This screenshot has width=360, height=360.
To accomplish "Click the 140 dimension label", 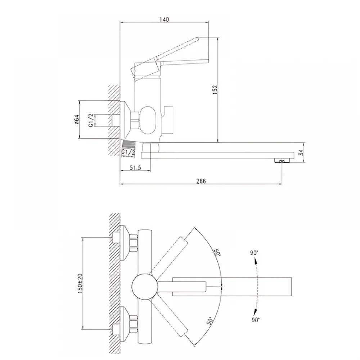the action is point(165,19).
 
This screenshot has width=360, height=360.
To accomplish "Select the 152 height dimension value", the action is point(215,90).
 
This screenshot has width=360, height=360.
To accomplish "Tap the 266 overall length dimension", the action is point(201,181).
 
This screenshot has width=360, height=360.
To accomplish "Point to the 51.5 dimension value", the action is point(135,168).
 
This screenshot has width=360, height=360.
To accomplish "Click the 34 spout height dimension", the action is point(301,152).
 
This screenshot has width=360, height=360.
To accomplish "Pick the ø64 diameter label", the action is point(77,120).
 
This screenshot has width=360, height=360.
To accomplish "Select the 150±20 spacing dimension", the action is point(80,283).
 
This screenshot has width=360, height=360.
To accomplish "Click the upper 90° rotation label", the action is point(254,253).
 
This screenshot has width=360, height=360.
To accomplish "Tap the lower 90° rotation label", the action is point(255,320).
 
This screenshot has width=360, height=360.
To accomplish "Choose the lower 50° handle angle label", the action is point(210,320).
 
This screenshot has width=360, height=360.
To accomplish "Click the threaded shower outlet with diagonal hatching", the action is point(129,145).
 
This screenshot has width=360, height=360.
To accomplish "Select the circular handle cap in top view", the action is point(145,286).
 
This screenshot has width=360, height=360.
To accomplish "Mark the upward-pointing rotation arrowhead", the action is point(256,261).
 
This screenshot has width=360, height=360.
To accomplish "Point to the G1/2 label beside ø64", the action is point(91,120).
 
